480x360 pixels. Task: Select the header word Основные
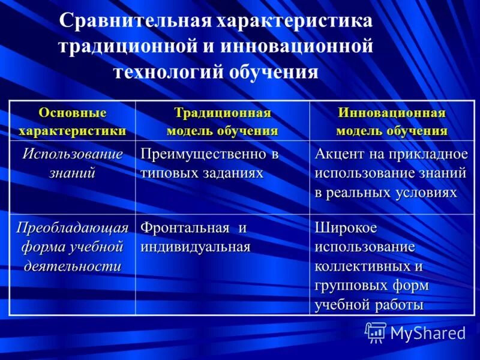[73, 112]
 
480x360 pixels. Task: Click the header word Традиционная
[222, 112]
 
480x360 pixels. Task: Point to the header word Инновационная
[391, 112]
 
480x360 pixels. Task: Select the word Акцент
[337, 154]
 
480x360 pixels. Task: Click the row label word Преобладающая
[73, 228]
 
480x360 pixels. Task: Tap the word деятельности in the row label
[73, 266]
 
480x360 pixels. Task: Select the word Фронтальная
[185, 228]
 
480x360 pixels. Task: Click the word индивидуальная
[195, 247]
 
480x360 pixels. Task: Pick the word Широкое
[345, 228]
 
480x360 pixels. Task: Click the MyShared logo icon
[376, 332]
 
